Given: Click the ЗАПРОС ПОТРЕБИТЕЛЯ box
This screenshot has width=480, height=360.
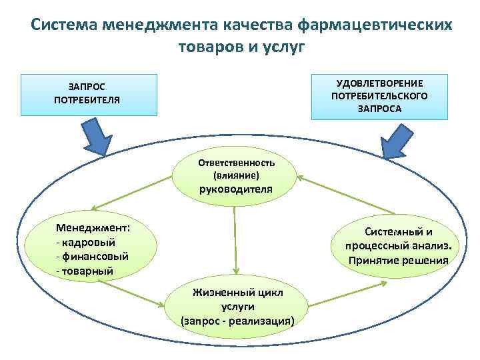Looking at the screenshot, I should point(87,94).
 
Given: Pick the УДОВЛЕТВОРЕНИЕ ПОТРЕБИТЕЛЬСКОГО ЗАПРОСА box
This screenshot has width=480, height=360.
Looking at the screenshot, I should point(379,94).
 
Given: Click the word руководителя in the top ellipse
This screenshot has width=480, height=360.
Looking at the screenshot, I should point(235,189).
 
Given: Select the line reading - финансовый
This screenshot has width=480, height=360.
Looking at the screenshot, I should point(93,256).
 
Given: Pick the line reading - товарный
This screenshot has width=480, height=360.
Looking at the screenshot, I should point(85,271).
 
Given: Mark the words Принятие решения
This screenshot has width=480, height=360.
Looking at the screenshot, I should point(398,260).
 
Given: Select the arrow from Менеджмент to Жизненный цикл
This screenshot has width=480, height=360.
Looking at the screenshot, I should point(133,291).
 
